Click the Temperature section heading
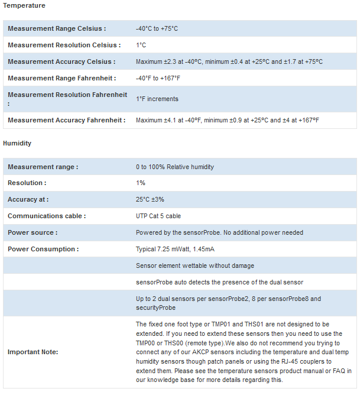24,5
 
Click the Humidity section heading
17,143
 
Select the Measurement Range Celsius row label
57,28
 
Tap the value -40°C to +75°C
157,28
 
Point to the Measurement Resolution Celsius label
64,45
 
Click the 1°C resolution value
141,45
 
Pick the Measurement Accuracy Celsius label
61,61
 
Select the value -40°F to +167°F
158,78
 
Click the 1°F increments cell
157,99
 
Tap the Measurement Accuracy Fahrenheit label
67,120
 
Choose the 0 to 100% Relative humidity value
175,167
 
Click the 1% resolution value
141,183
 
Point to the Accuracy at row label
28,200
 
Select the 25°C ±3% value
150,200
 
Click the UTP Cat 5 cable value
158,216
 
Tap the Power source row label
33,233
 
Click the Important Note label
33,352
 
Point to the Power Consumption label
43,250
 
